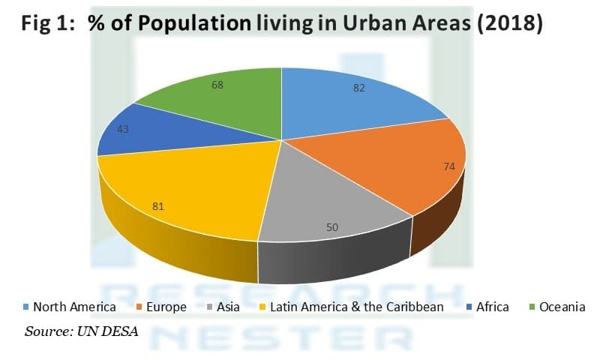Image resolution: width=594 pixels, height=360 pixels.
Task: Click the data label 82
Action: (x=360, y=88)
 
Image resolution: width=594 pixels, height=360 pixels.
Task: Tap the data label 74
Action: (x=448, y=165)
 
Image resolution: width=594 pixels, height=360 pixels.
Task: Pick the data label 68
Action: (x=217, y=85)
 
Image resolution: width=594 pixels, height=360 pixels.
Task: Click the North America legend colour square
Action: (x=26, y=307)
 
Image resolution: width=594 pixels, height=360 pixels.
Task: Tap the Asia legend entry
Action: (x=225, y=307)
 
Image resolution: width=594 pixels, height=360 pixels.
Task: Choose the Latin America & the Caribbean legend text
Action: (x=355, y=307)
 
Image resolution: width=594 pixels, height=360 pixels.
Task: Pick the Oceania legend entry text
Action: (x=559, y=307)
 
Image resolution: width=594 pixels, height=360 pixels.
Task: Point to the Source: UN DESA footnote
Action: (x=82, y=331)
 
